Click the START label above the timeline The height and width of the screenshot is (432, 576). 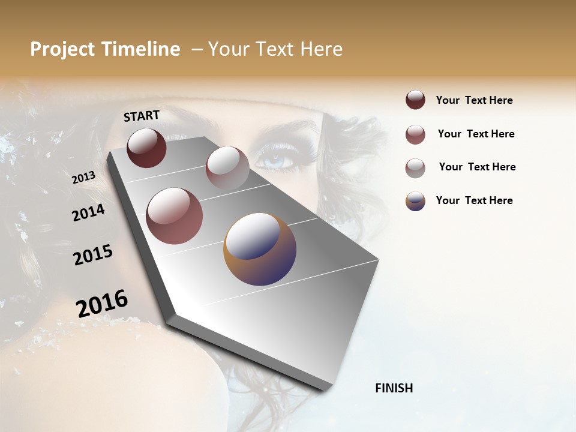pos(142,116)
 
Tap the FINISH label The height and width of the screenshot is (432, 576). pos(394,388)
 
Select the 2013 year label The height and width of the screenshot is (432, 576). pos(83,178)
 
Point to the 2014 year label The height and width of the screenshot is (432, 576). pos(88,212)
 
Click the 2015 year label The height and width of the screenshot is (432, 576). pos(92,254)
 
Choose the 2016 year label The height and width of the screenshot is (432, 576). pos(101,304)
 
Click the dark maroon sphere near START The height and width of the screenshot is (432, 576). pos(146,148)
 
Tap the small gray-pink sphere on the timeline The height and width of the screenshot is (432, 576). pos(227,168)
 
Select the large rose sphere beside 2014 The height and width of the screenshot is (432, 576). pos(175,216)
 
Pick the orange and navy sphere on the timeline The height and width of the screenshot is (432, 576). pos(260,249)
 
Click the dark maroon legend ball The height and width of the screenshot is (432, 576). pos(415,100)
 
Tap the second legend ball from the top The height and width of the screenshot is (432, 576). pos(415,134)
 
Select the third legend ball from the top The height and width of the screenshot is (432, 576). pos(415,168)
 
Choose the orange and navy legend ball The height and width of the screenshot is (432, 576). pos(415,201)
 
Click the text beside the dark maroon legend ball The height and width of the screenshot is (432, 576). pos(474,100)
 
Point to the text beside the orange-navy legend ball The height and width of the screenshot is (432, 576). pos(474,200)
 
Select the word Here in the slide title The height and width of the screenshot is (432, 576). pos(321,49)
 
